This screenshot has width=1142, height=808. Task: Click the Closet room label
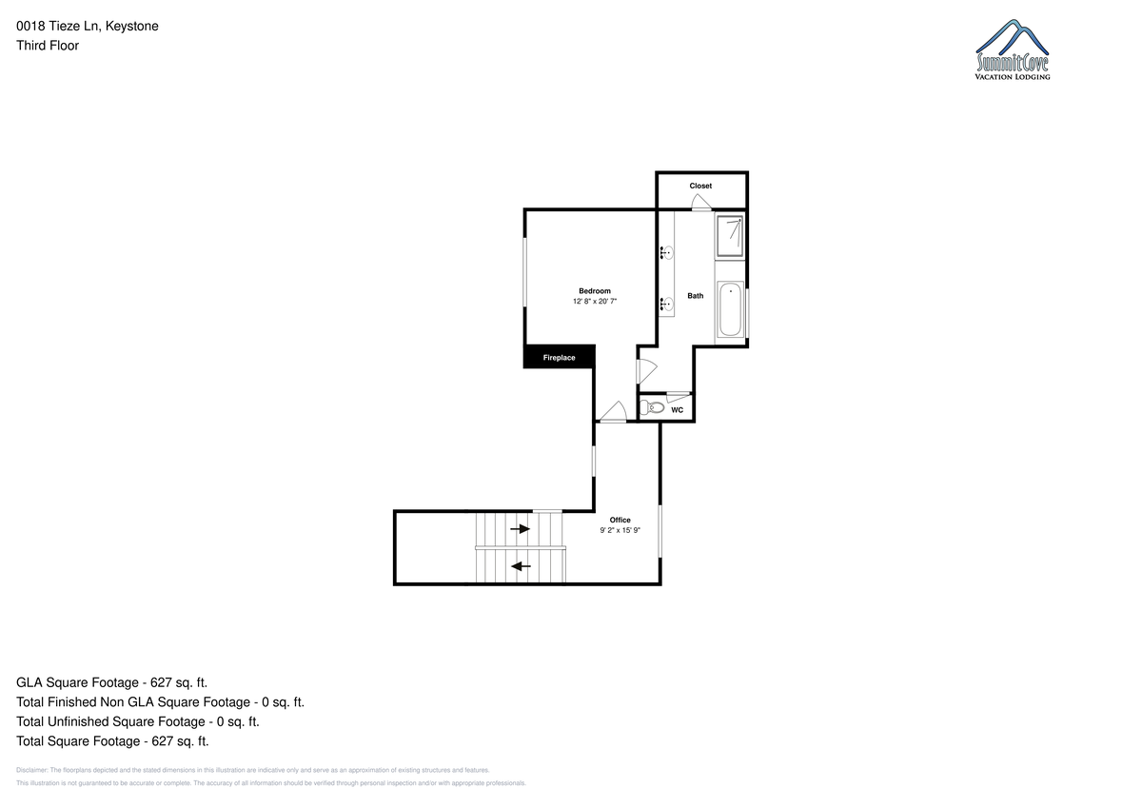700,187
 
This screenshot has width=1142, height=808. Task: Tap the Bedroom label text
595,291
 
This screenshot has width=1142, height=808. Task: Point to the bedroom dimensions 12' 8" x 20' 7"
595,302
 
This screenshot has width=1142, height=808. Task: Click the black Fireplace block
560,356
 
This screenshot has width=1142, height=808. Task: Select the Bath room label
696,296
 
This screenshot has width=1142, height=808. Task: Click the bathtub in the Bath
731,309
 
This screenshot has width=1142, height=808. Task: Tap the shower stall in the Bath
730,237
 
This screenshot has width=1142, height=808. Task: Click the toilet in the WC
652,407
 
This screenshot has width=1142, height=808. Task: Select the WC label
677,410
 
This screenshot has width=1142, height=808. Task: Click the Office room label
620,520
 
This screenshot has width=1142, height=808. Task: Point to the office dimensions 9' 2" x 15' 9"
620,530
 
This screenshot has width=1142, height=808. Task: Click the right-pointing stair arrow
521,528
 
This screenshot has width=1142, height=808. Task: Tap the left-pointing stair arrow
521,566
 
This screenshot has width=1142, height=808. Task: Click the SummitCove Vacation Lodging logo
1013,49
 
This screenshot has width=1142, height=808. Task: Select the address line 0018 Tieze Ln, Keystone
88,27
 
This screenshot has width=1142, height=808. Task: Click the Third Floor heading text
48,46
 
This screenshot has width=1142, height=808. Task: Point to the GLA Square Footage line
111,682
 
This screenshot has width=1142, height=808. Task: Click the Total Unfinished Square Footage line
138,721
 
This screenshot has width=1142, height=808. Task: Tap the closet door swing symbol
701,202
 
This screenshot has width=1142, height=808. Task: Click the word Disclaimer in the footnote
31,770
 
